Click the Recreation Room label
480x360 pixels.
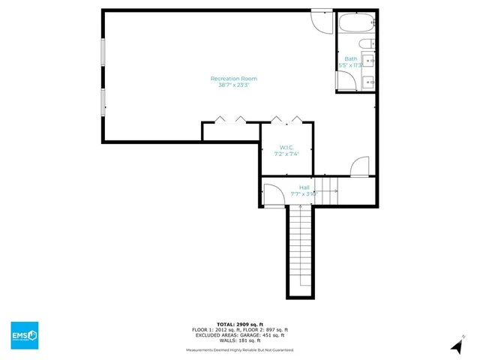click(234, 78)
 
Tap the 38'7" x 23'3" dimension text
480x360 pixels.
click(234, 85)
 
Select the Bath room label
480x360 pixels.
click(351, 58)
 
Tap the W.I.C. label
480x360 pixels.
click(286, 147)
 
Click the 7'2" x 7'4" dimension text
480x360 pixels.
click(286, 154)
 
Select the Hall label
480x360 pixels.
click(304, 187)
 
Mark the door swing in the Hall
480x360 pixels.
click(272, 196)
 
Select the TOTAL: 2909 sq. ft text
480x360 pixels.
click(240, 324)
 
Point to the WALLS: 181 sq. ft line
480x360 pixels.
click(240, 340)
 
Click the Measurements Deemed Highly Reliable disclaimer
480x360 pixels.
click(240, 350)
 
